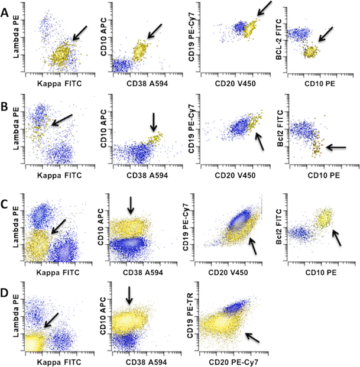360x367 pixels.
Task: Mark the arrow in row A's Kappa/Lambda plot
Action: (x=79, y=33)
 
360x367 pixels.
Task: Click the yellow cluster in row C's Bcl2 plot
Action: (x=324, y=220)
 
